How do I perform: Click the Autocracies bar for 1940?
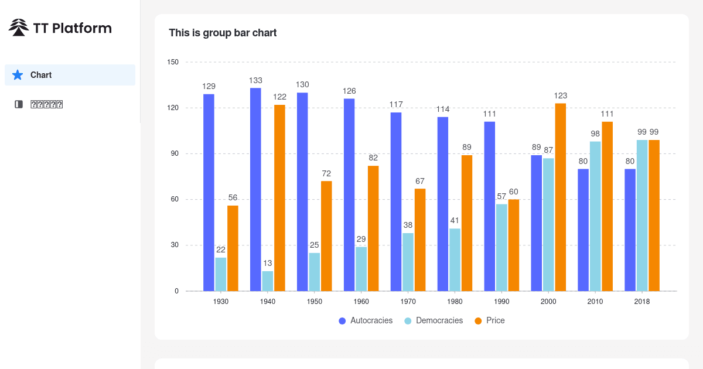(255, 189)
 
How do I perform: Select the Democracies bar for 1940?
(268, 281)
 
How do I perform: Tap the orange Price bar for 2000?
(561, 197)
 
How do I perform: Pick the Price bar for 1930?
(233, 248)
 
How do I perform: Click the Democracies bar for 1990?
(501, 247)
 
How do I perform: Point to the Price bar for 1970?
(420, 240)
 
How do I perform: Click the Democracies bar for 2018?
(642, 216)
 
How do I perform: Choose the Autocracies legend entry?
(366, 320)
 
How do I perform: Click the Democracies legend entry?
(434, 320)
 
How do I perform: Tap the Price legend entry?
(490, 320)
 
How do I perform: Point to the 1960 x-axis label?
(361, 302)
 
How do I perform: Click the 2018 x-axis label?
(642, 302)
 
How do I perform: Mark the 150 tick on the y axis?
(173, 62)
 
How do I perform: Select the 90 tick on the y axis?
(175, 153)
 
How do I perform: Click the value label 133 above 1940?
(255, 80)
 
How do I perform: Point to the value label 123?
(561, 95)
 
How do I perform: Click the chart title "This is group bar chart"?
(223, 33)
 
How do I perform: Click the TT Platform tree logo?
(19, 28)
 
